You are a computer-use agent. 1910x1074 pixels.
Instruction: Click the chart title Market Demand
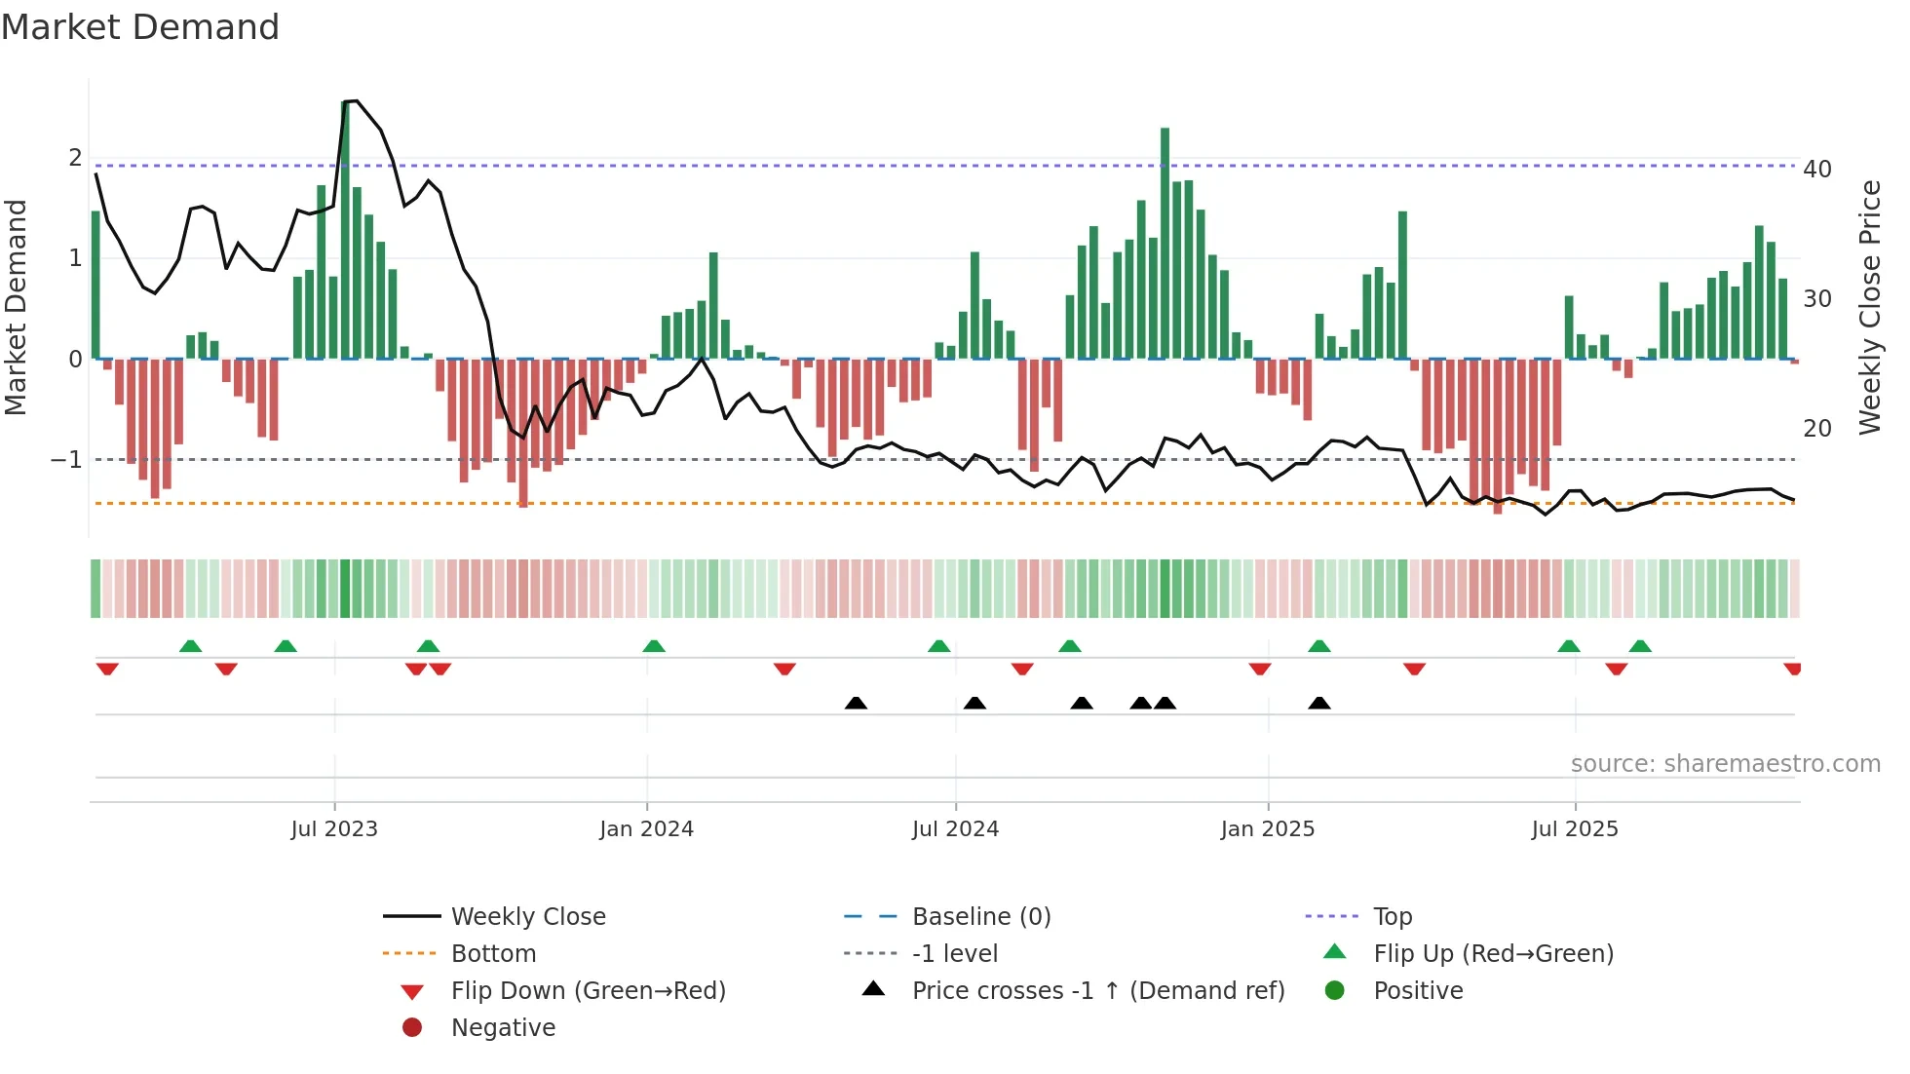[x=140, y=27]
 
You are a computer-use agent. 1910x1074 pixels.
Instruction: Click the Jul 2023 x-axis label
[x=334, y=829]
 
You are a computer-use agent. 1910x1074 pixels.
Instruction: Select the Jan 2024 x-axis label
[x=646, y=829]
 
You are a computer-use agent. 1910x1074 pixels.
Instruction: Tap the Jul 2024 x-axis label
[x=955, y=829]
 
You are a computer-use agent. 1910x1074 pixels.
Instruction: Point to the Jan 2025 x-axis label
[x=1267, y=829]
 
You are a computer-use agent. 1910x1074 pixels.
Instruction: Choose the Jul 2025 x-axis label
[x=1575, y=829]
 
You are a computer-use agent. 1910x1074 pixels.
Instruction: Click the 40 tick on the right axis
[x=1817, y=170]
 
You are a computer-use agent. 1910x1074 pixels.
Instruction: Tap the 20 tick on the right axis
[x=1817, y=429]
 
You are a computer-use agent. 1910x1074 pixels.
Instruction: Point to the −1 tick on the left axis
[x=66, y=459]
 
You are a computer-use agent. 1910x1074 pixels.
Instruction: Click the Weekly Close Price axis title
[x=1869, y=307]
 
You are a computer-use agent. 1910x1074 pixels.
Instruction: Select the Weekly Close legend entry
[x=527, y=917]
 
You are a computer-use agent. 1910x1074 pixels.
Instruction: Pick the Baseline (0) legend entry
[x=980, y=917]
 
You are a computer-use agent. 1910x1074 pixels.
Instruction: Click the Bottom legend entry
[x=493, y=954]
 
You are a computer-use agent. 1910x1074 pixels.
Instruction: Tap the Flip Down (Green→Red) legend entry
[x=588, y=991]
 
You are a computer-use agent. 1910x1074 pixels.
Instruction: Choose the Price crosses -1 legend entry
[x=1097, y=991]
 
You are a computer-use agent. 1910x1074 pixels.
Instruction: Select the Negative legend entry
[x=503, y=1028]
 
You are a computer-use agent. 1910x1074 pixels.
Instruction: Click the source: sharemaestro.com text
[x=1725, y=764]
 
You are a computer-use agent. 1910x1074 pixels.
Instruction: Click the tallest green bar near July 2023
[x=345, y=230]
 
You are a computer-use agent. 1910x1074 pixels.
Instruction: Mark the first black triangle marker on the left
[x=856, y=703]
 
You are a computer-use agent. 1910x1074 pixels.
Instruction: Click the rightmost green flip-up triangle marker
[x=1640, y=646]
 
